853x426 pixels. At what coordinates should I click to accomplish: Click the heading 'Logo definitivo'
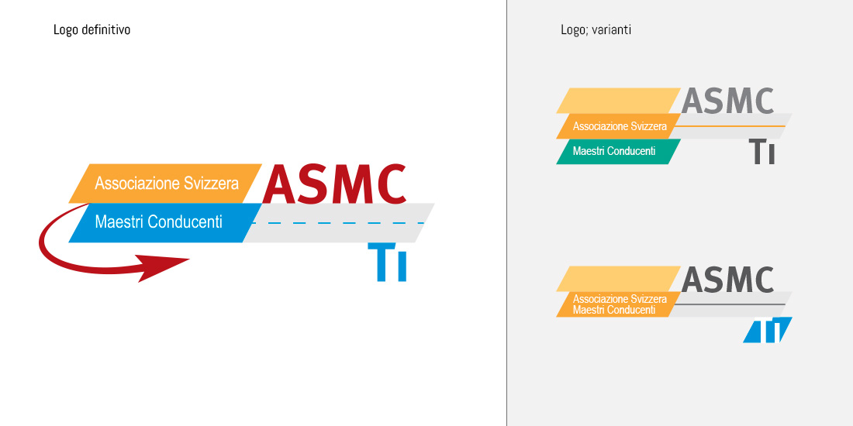click(92, 30)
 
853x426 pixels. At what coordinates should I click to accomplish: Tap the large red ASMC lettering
click(335, 184)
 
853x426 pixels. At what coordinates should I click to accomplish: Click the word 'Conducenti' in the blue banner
click(185, 222)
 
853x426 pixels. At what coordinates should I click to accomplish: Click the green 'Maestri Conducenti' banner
click(614, 151)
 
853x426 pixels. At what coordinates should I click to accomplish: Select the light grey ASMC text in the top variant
click(727, 101)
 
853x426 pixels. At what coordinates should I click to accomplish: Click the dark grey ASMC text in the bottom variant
click(727, 280)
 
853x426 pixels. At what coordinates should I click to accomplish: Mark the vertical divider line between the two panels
click(506, 213)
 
